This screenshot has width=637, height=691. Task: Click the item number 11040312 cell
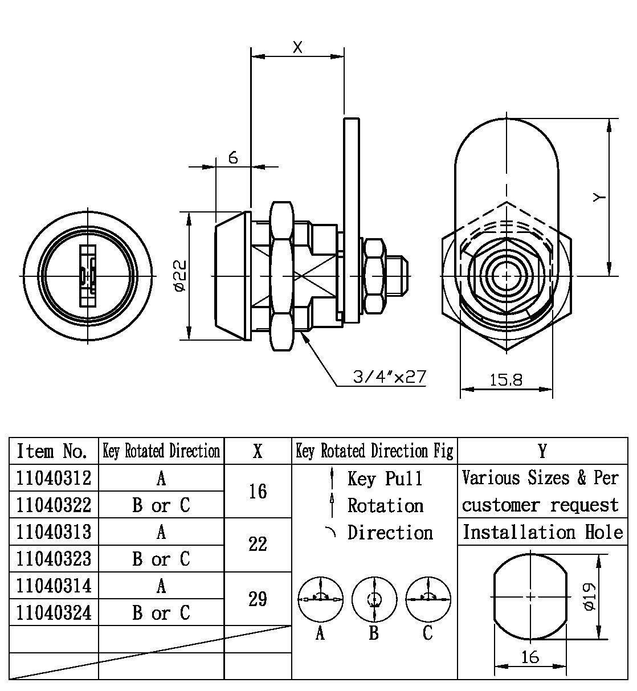pyautogui.click(x=54, y=477)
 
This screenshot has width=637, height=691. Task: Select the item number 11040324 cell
pyautogui.click(x=54, y=612)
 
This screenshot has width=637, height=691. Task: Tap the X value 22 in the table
pyautogui.click(x=258, y=544)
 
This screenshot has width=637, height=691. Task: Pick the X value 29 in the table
pyautogui.click(x=258, y=599)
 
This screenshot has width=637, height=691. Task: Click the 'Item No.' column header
pyautogui.click(x=53, y=451)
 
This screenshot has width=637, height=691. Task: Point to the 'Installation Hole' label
pyautogui.click(x=542, y=532)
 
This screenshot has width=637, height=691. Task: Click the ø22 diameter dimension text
pyautogui.click(x=179, y=275)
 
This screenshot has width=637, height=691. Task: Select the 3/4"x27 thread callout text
pyautogui.click(x=389, y=377)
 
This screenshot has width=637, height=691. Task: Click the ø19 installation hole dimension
pyautogui.click(x=589, y=596)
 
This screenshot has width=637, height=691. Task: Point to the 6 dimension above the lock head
pyautogui.click(x=234, y=158)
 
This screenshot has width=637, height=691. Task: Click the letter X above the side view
pyautogui.click(x=297, y=47)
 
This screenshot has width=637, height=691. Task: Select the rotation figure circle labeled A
pyautogui.click(x=321, y=599)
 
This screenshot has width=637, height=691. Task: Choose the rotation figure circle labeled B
pyautogui.click(x=374, y=599)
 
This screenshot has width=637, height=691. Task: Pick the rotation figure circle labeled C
pyautogui.click(x=428, y=599)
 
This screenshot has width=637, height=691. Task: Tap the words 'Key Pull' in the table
pyautogui.click(x=385, y=479)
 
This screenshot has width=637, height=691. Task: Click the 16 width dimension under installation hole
pyautogui.click(x=530, y=657)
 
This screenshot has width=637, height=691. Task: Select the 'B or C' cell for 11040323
pyautogui.click(x=161, y=559)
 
